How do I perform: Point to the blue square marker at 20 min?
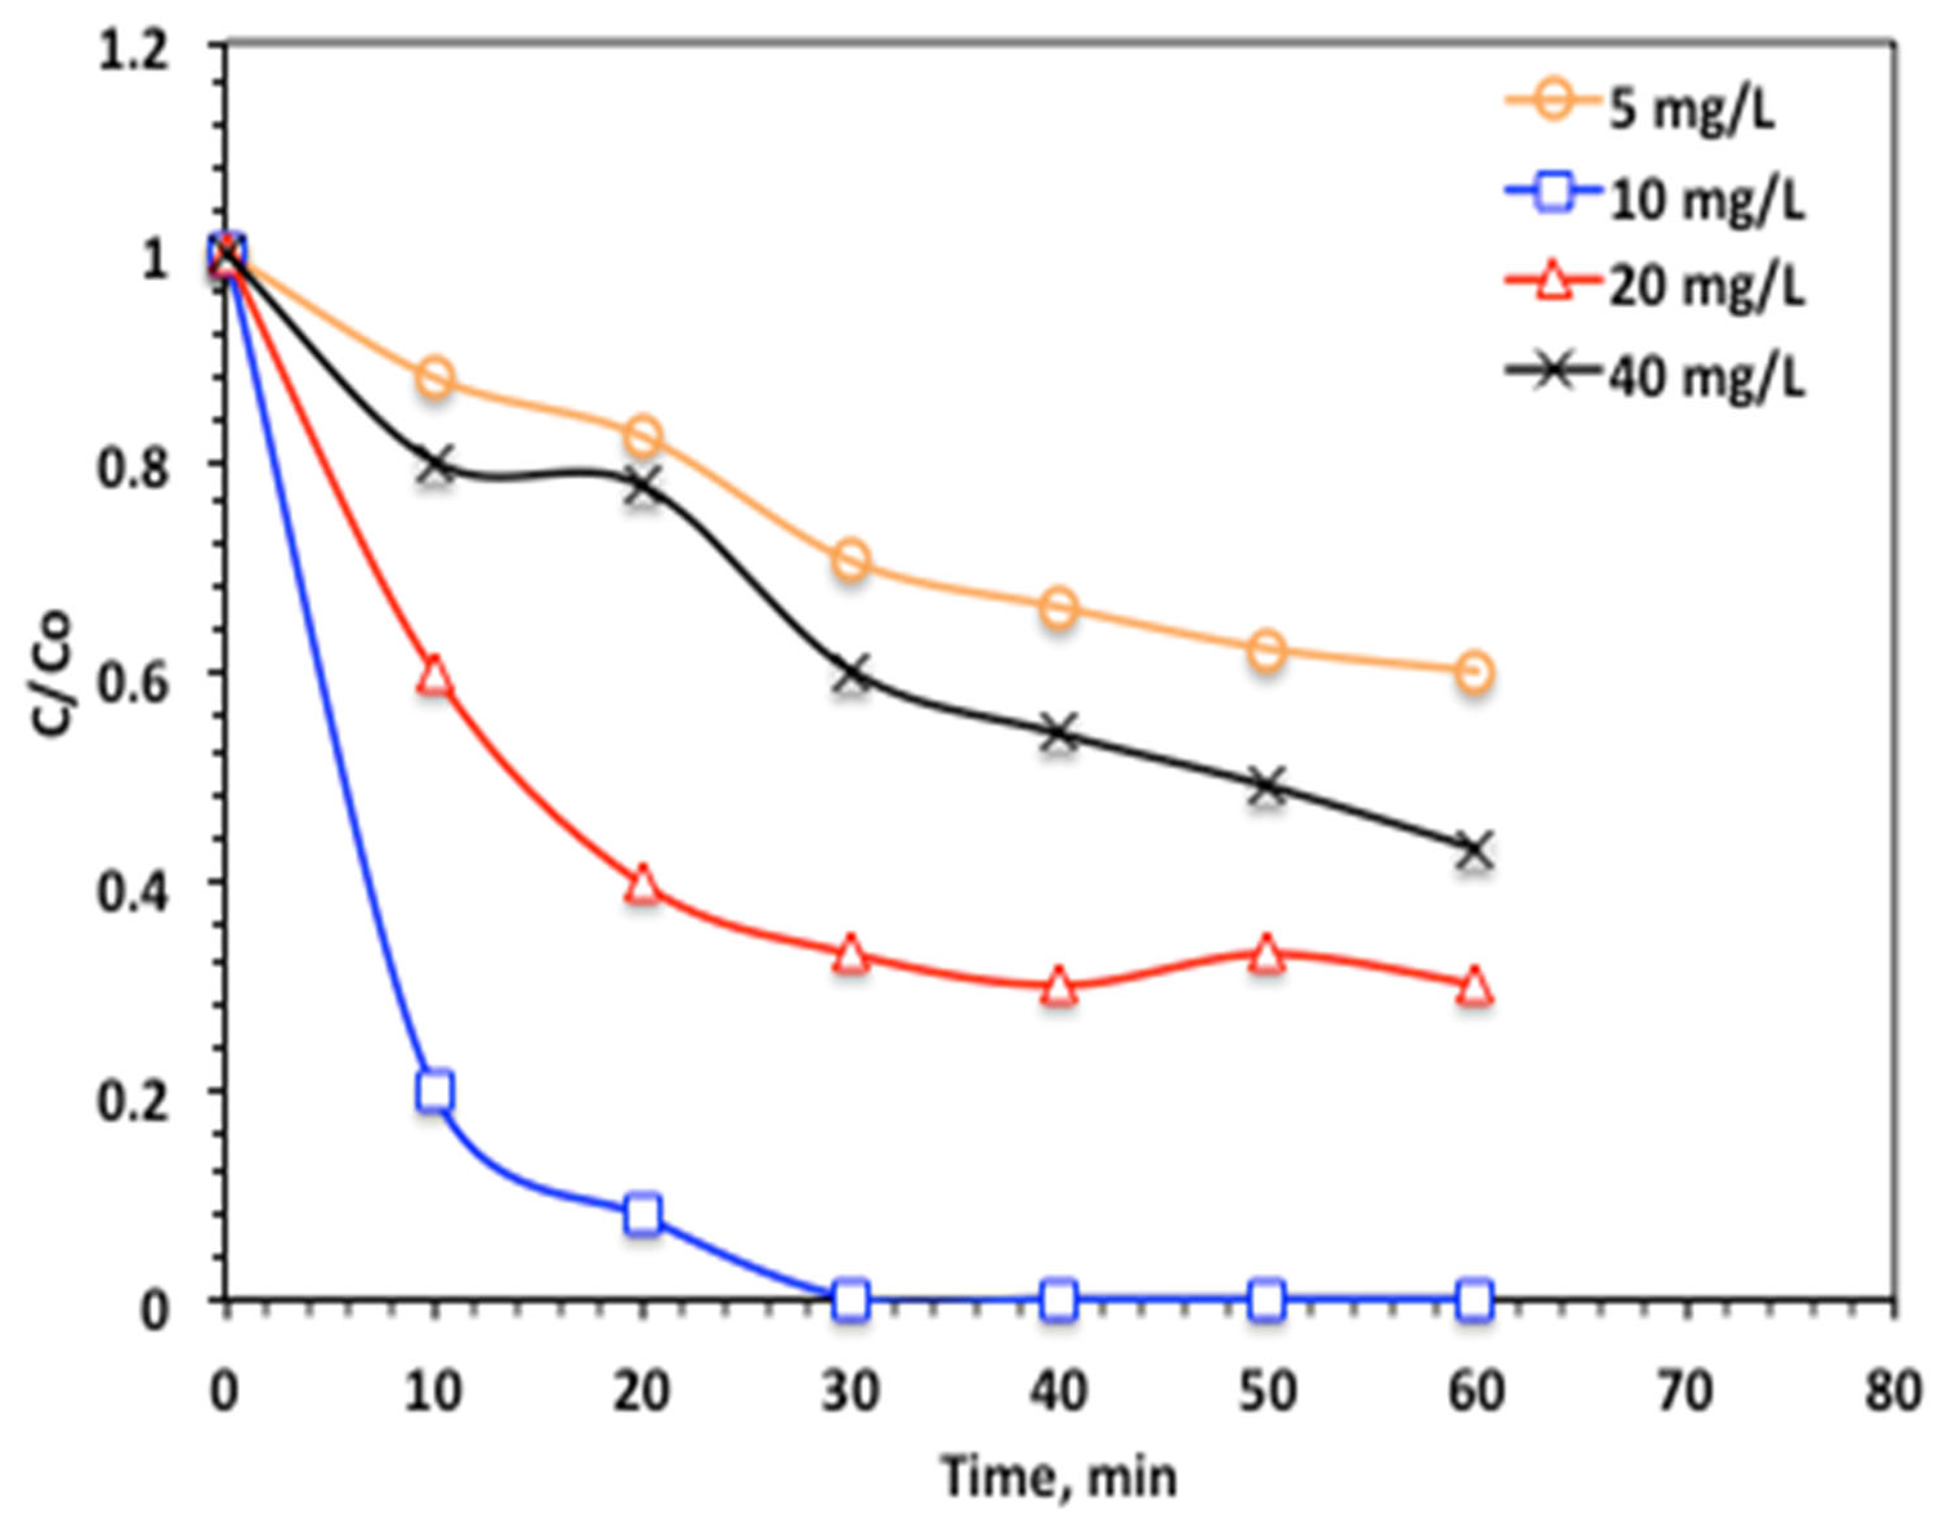click(643, 1214)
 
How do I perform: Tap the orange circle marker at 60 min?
click(1474, 672)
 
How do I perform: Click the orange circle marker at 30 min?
click(851, 559)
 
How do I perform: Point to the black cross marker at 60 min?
click(1474, 849)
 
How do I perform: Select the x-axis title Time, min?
click(1060, 1476)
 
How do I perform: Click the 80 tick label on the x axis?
click(1891, 1390)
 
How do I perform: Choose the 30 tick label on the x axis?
click(851, 1390)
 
